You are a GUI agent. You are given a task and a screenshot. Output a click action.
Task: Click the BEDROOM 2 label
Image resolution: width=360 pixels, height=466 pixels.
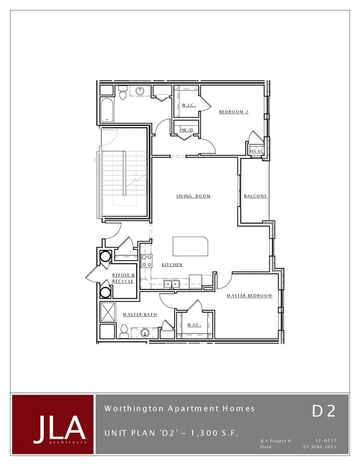(x=234, y=112)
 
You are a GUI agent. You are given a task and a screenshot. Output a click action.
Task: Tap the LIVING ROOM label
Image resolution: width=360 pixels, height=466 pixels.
(x=193, y=196)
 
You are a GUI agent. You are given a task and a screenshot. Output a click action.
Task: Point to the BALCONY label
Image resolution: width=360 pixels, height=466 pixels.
(x=255, y=196)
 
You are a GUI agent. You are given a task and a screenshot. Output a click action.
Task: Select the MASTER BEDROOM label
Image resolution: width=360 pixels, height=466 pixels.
(x=249, y=296)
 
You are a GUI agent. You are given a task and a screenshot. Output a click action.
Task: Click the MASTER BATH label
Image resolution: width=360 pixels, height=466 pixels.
(x=140, y=315)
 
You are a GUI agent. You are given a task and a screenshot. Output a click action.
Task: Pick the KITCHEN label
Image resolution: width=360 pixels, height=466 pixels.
(x=172, y=265)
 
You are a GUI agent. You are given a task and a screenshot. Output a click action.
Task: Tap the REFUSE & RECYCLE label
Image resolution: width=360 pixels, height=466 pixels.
(x=123, y=278)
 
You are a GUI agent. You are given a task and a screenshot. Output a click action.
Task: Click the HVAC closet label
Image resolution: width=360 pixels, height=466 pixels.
(x=256, y=151)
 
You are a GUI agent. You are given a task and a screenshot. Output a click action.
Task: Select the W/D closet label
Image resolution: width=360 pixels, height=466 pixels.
(x=187, y=130)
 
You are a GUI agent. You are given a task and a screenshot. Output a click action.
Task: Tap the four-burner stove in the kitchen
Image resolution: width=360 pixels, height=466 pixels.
(x=147, y=260)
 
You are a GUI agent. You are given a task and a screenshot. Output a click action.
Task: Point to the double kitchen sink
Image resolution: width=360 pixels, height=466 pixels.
(x=171, y=284)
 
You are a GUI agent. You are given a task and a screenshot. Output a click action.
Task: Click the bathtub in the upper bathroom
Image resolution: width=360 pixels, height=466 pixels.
(x=107, y=110)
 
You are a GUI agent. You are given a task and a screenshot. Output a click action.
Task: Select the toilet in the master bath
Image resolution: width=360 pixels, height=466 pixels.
(x=124, y=331)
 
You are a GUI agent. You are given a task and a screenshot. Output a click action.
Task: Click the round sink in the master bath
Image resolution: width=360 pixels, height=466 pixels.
(x=145, y=333)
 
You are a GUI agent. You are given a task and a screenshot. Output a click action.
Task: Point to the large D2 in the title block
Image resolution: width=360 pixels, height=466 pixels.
(x=323, y=411)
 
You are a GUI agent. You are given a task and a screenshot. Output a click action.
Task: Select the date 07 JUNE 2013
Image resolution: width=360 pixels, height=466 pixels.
(x=320, y=447)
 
